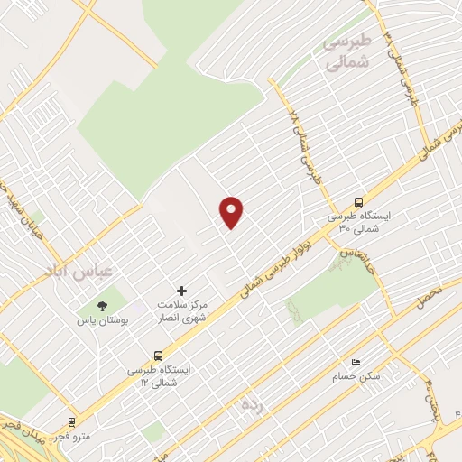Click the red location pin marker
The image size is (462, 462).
(x=232, y=211)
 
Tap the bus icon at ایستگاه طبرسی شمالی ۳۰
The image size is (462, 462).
(x=359, y=203)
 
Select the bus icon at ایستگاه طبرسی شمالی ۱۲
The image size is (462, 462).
(x=159, y=356)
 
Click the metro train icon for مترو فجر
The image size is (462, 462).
(x=71, y=421)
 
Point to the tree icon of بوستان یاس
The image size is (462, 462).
(x=100, y=305)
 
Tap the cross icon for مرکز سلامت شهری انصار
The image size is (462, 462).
(x=181, y=291)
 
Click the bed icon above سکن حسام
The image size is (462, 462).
(x=356, y=362)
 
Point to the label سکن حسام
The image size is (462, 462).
(x=356, y=375)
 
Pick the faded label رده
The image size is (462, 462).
(x=249, y=403)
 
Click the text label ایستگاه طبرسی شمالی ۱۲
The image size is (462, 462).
(x=159, y=376)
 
